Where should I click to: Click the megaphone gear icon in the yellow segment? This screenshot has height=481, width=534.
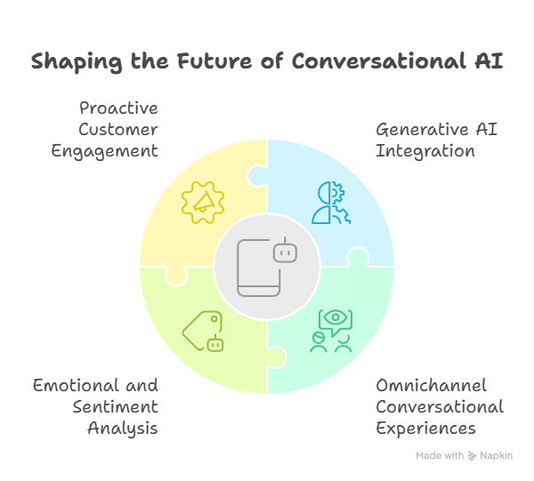click(202, 202)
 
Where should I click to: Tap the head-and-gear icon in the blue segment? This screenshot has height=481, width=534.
click(330, 202)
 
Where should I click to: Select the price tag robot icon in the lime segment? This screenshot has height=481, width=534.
click(203, 332)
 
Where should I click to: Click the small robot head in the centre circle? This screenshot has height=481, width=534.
click(285, 253)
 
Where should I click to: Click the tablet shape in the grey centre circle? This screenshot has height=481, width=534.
click(257, 268)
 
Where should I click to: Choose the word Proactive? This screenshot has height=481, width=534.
click(118, 108)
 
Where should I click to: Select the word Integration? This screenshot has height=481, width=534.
click(425, 151)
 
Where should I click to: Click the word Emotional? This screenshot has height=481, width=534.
click(75, 386)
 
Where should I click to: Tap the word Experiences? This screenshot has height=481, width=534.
click(425, 429)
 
